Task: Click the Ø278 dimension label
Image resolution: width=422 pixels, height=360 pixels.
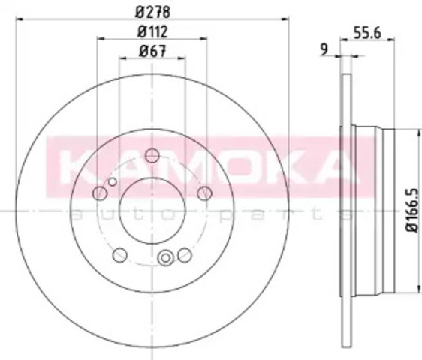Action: (153, 12)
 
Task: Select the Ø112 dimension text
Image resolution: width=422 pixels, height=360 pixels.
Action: (152, 31)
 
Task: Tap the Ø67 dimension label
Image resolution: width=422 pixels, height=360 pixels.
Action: (152, 51)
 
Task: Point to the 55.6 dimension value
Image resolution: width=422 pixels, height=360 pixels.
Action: (367, 33)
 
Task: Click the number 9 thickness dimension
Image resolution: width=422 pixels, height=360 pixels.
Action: (325, 49)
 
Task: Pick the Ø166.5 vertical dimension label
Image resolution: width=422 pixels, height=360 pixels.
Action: (412, 211)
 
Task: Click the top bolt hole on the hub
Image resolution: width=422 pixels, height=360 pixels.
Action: (152, 155)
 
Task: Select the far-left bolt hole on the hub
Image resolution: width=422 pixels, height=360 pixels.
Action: (100, 193)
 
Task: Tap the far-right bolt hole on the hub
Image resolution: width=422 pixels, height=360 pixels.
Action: (204, 193)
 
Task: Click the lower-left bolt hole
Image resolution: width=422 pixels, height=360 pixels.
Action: (119, 255)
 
